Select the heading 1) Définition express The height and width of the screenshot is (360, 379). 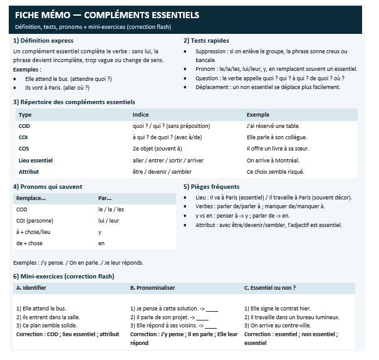pos(43,41)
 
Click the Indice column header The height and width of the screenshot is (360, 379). pos(141,115)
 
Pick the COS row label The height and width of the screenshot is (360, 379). pos(24,149)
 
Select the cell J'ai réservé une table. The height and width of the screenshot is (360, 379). pos(273,126)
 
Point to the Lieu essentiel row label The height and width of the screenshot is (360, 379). pos(36,160)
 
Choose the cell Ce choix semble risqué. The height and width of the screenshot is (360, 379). pos(275,171)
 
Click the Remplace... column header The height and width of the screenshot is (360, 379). pos(31,198)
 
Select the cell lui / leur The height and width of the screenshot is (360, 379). pos(109,221)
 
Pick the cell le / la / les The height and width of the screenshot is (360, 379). pos(111,209)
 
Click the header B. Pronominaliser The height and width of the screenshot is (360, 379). pos(152,288)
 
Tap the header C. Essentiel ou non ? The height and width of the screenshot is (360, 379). pos(270,288)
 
